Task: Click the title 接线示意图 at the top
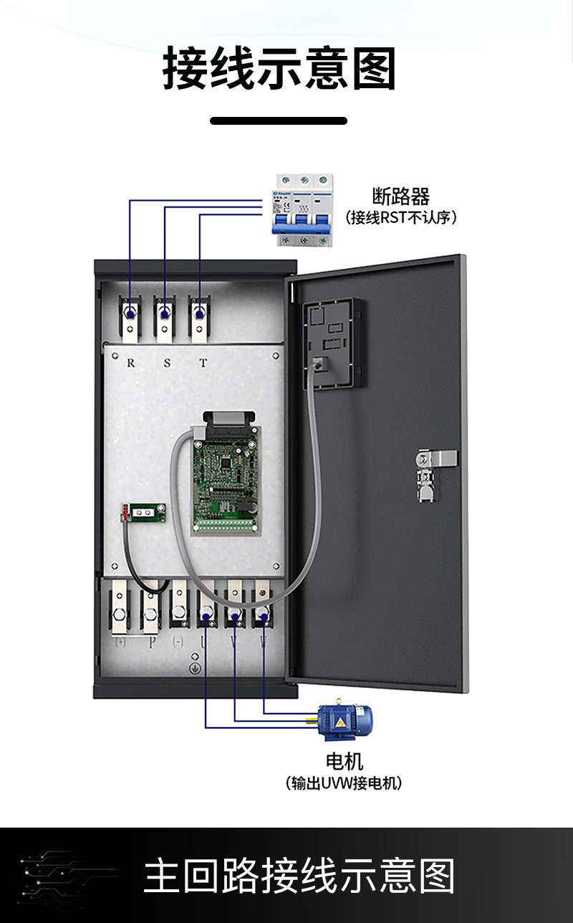point(279,70)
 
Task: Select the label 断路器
point(400,196)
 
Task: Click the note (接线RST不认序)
point(400,217)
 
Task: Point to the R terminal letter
point(130,363)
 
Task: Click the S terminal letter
point(167,363)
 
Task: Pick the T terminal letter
point(203,363)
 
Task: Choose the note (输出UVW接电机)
point(345,782)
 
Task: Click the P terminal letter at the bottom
point(151,643)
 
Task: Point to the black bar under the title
point(279,120)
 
